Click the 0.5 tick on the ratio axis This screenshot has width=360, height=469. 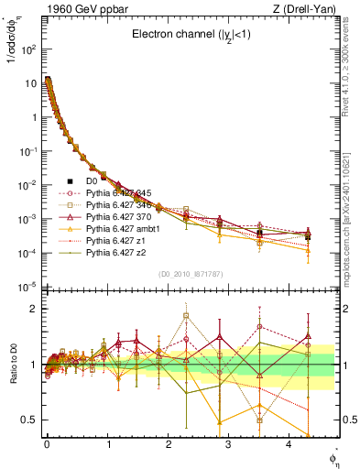coord(29,420)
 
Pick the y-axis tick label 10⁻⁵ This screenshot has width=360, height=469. coord(27,287)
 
